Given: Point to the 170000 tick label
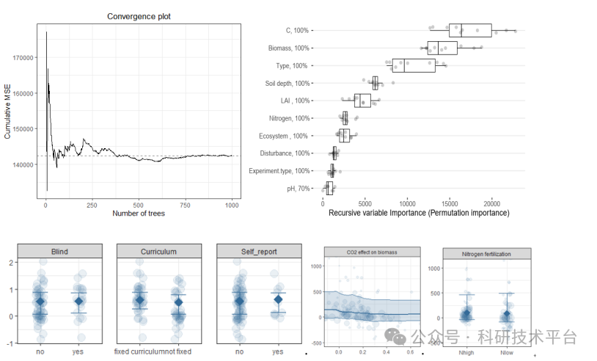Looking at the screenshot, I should (23, 57).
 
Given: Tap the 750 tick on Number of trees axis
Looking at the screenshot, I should (186, 205).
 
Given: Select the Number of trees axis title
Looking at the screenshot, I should (138, 214).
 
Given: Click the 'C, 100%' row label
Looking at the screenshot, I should (297, 31).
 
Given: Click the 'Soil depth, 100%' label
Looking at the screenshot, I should (287, 84).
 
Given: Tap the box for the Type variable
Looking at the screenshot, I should (414, 66).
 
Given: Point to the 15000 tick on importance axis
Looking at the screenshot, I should (449, 203).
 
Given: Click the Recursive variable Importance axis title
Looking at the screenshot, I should (418, 213).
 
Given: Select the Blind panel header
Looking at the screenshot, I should (59, 252).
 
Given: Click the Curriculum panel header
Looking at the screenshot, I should (158, 252).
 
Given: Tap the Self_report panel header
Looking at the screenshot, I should (258, 252).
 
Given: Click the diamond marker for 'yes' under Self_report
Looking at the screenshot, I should (277, 299).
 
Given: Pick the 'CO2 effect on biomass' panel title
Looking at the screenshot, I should (372, 252).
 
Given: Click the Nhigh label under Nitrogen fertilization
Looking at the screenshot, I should (465, 352).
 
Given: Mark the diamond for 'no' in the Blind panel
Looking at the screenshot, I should (41, 302).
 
